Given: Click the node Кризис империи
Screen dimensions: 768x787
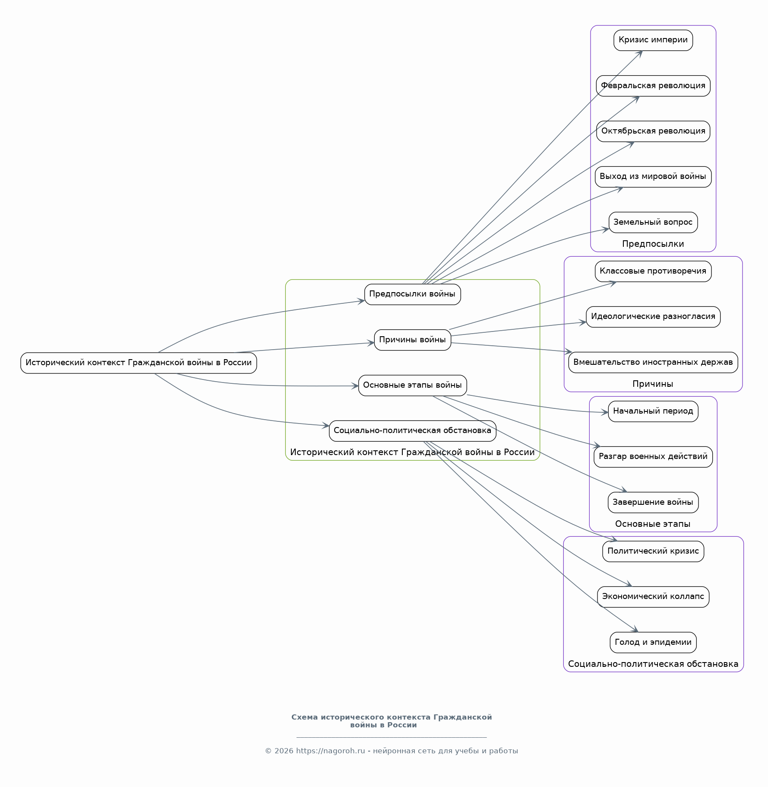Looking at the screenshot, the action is point(653,40).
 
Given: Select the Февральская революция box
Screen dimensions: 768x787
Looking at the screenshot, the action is point(653,86).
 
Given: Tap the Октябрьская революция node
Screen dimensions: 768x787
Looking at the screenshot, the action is point(653,131).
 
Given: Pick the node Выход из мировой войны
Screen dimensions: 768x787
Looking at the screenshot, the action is point(653,177).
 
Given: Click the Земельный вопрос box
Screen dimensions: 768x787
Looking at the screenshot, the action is point(653,222).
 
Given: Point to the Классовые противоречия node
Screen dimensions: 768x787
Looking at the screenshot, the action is point(653,271).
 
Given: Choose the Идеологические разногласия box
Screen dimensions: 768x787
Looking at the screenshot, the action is point(653,317).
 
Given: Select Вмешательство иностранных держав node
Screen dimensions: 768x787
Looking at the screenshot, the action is point(653,362).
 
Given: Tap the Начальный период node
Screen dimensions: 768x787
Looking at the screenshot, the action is point(653,411).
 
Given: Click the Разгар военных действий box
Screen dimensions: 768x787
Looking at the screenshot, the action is point(653,457).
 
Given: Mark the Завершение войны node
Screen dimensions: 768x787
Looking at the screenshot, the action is point(653,502).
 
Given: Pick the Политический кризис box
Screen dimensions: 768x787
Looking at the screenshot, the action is point(653,551).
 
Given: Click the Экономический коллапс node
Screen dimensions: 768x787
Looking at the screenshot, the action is point(653,597).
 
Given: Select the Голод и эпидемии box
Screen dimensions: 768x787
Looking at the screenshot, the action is point(653,642).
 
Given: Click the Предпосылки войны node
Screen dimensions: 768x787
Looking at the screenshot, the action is point(413,294).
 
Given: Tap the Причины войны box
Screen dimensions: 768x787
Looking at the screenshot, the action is point(413,340).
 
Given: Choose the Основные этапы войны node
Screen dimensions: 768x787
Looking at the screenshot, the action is point(413,386).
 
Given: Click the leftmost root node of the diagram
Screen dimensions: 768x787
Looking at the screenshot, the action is point(139,363).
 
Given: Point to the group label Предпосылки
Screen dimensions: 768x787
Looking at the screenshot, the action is point(653,244).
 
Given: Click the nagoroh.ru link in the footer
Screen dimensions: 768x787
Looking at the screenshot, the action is point(331,751).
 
